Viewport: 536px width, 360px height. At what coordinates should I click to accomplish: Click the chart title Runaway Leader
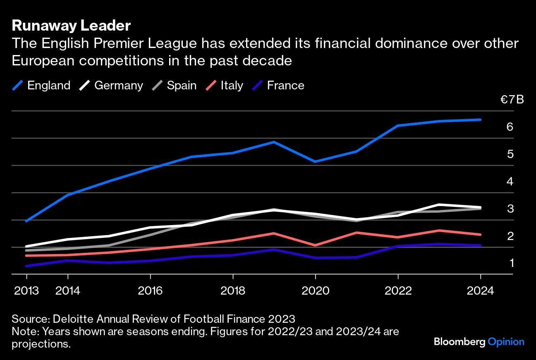(71, 26)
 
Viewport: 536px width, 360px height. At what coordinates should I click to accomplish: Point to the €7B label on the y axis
(512, 100)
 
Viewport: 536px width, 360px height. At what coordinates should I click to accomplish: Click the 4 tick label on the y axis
(510, 181)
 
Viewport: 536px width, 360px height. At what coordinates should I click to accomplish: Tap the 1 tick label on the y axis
(511, 263)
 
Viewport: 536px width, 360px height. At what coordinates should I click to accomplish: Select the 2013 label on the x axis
(26, 291)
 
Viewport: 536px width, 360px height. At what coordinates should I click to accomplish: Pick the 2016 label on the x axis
(150, 291)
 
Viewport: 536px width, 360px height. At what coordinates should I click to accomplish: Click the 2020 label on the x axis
(316, 291)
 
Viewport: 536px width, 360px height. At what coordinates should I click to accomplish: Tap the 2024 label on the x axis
(480, 291)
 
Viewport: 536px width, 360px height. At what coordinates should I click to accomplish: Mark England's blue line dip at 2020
(316, 161)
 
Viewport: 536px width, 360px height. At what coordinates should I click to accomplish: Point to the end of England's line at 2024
(480, 120)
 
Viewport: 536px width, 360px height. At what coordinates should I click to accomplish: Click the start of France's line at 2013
(26, 266)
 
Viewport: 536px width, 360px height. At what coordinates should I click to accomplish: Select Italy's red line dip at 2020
(316, 245)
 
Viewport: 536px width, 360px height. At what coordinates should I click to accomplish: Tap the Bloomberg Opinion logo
(479, 342)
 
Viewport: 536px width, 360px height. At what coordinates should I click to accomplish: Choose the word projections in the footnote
(41, 344)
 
